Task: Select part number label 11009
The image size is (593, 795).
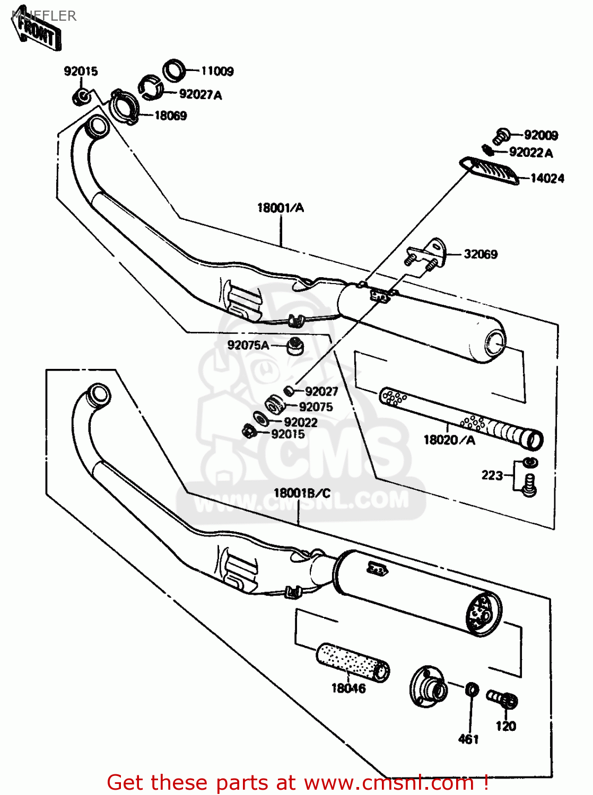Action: (x=217, y=71)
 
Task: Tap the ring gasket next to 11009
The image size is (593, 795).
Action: (x=174, y=70)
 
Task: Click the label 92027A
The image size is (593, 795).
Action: (x=200, y=95)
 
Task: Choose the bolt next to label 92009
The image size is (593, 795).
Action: (x=500, y=136)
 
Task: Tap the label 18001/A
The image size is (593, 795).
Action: (x=281, y=208)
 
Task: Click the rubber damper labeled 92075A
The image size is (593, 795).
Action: (x=294, y=347)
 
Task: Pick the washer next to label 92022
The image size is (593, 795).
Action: (x=261, y=419)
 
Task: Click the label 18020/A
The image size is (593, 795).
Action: (x=449, y=440)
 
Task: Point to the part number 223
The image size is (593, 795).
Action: (x=492, y=475)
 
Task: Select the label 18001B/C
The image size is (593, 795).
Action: (x=302, y=493)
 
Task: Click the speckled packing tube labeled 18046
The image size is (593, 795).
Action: (x=353, y=662)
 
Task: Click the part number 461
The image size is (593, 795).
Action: (x=468, y=739)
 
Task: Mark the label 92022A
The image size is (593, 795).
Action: (x=530, y=153)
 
